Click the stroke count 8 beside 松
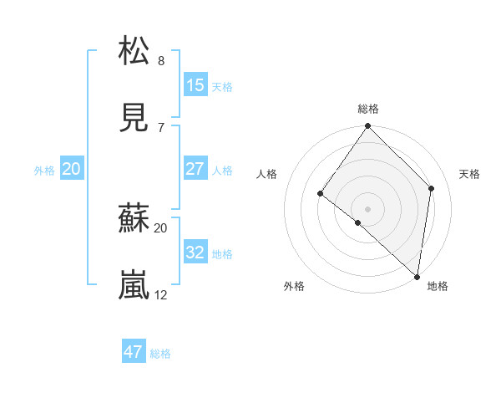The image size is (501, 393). [x=161, y=61]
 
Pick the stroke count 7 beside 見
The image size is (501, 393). [x=161, y=128]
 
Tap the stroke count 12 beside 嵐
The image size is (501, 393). [x=161, y=295]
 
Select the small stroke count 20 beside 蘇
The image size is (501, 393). [x=161, y=227]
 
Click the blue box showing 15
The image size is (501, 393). [x=195, y=85]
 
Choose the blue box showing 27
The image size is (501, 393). [x=195, y=169]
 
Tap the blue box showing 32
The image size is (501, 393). [x=195, y=253]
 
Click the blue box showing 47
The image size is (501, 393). [x=134, y=352]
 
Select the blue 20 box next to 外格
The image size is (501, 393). [x=72, y=169]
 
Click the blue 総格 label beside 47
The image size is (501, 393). [x=160, y=354]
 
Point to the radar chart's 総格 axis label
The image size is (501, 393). [x=368, y=109]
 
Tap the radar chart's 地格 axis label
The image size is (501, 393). [x=438, y=286]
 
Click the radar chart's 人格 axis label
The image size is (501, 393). [x=266, y=174]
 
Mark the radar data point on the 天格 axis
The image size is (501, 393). [x=432, y=188]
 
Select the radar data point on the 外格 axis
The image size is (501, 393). [x=357, y=222]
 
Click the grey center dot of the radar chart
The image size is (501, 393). [x=367, y=208]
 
